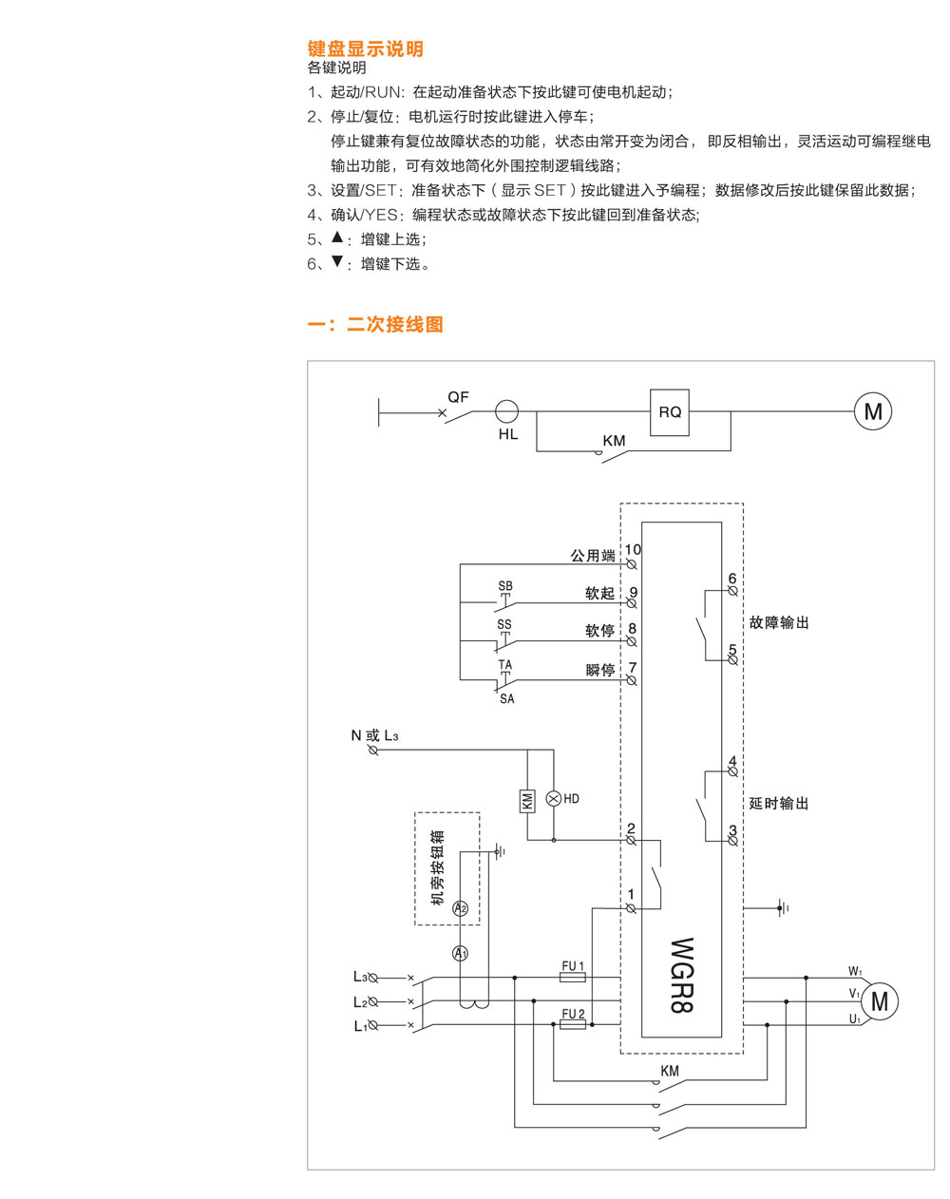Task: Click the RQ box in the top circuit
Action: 670,412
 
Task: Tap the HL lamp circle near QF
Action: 507,411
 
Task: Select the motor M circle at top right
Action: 873,411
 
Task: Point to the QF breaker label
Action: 458,397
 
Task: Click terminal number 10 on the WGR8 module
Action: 633,549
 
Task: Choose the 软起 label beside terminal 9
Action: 599,594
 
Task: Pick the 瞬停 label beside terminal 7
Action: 599,670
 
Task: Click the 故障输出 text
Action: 779,623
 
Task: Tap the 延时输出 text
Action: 779,804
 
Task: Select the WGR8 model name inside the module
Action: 681,975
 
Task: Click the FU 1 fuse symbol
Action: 572,977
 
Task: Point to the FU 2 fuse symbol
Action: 572,1025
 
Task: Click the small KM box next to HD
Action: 528,800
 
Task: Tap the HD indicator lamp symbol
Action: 555,799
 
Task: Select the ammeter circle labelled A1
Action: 461,953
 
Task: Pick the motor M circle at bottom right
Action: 879,1001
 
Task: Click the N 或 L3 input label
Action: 374,735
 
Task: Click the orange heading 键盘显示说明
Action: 366,49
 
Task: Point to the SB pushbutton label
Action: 505,586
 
